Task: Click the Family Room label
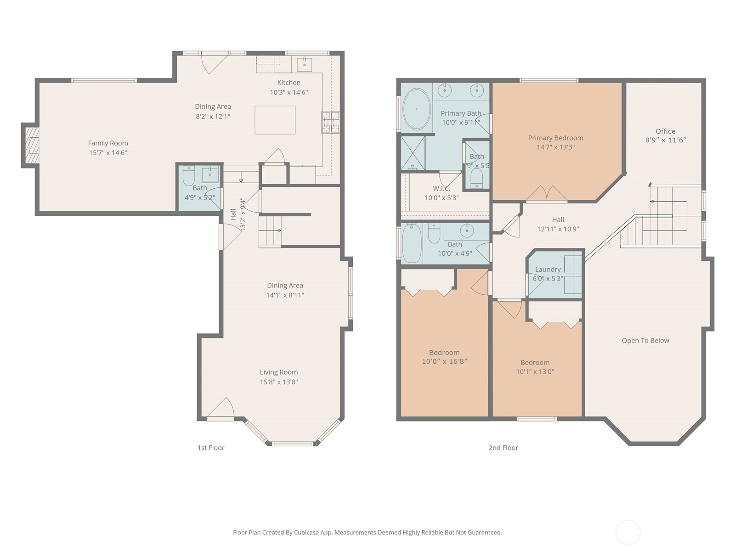pos(108,143)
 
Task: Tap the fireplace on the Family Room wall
pos(31,146)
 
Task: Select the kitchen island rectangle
pos(275,120)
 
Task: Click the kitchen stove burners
pos(330,122)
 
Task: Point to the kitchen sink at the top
pos(304,64)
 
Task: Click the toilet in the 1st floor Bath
pos(189,176)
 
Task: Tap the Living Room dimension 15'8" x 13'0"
pos(279,382)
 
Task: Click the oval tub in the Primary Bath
pos(416,109)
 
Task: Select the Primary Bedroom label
pos(555,138)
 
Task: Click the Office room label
pos(665,131)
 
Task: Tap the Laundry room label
pos(548,270)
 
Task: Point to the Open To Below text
pos(645,341)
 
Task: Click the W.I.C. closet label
pos(441,189)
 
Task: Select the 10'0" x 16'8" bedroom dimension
pos(444,361)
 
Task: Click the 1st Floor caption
pos(211,448)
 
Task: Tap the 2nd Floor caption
pos(503,448)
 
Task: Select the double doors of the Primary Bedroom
pos(547,194)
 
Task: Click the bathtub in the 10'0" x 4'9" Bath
pos(412,243)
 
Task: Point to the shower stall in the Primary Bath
pos(413,153)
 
